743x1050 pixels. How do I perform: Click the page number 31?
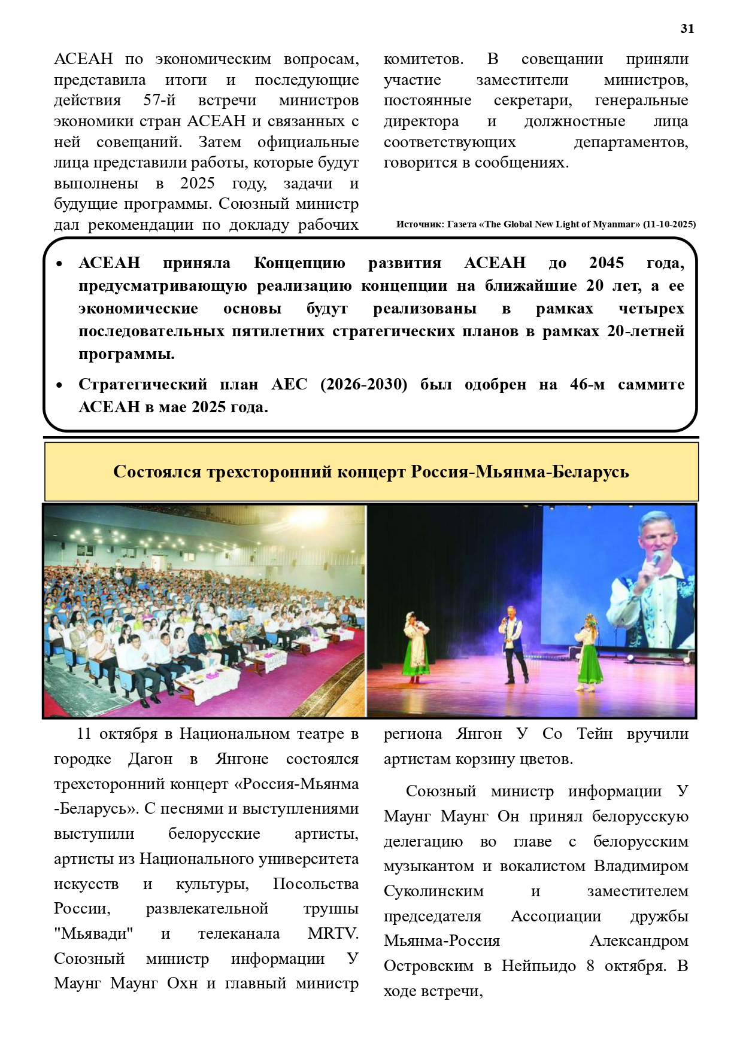[687, 29]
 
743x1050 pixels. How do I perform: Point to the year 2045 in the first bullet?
[606, 263]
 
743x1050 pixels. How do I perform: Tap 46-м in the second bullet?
[587, 384]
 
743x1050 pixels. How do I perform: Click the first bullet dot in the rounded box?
[59, 264]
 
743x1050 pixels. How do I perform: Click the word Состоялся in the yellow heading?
[157, 471]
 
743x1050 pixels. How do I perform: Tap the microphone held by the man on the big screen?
[657, 559]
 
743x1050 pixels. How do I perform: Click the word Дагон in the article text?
[150, 759]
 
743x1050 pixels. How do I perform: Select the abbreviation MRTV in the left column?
[333, 933]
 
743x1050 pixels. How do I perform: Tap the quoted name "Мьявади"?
[93, 933]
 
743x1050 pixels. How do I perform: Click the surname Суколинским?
[433, 891]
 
